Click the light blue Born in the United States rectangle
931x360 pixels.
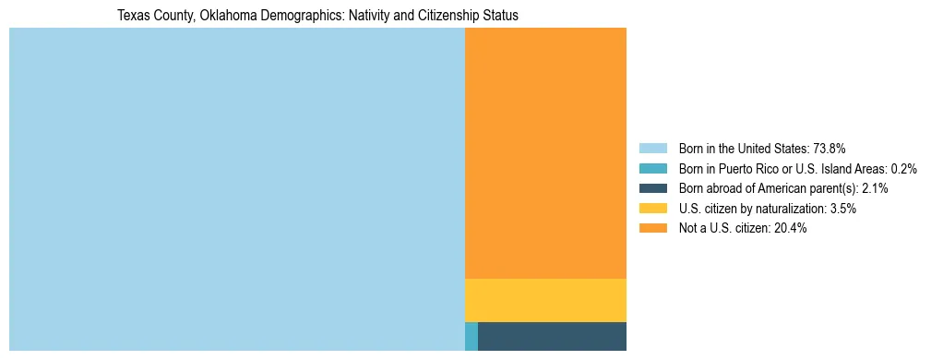pyautogui.click(x=236, y=189)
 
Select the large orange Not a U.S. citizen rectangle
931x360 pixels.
pyautogui.click(x=545, y=152)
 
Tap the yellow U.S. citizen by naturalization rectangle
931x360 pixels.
pyautogui.click(x=545, y=300)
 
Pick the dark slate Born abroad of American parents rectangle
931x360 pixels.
pyautogui.click(x=552, y=336)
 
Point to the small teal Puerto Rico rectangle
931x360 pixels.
pyautogui.click(x=471, y=336)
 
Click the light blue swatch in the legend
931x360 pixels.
pyautogui.click(x=652, y=148)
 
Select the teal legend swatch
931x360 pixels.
pyautogui.click(x=652, y=168)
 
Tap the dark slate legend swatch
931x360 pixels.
pyautogui.click(x=652, y=188)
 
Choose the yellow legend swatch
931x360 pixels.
pyautogui.click(x=652, y=209)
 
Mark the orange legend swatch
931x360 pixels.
pyautogui.click(x=652, y=228)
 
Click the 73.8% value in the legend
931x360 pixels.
pyautogui.click(x=829, y=148)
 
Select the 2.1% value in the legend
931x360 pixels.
pyautogui.click(x=875, y=188)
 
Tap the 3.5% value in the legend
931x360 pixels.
pyautogui.click(x=842, y=209)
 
